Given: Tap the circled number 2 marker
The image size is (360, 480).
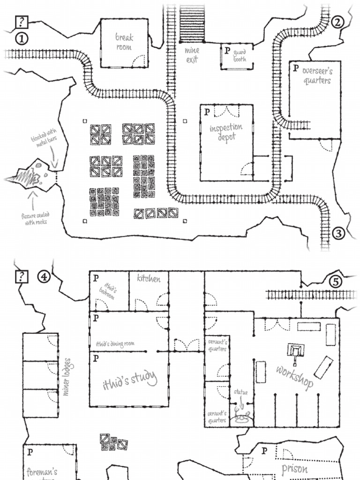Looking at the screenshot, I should pyautogui.click(x=338, y=22).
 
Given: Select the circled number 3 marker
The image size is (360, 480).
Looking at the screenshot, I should pyautogui.click(x=339, y=232).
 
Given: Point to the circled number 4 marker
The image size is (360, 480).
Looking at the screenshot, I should pyautogui.click(x=44, y=277).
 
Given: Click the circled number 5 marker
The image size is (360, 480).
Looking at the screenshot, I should pyautogui.click(x=335, y=282).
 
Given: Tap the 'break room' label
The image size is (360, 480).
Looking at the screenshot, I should pyautogui.click(x=124, y=42).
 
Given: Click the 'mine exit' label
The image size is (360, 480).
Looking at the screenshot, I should pyautogui.click(x=192, y=55).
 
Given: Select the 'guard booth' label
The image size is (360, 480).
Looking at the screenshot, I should pyautogui.click(x=240, y=56).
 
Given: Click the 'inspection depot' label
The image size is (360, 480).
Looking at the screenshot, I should pyautogui.click(x=226, y=133).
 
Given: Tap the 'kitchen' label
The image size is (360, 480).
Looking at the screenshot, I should pyautogui.click(x=149, y=278).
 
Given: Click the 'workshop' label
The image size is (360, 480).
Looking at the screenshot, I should pyautogui.click(x=294, y=377).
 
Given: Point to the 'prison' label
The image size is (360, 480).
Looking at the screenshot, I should pyautogui.click(x=294, y=468).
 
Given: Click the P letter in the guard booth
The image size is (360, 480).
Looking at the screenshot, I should pyautogui.click(x=227, y=50).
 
